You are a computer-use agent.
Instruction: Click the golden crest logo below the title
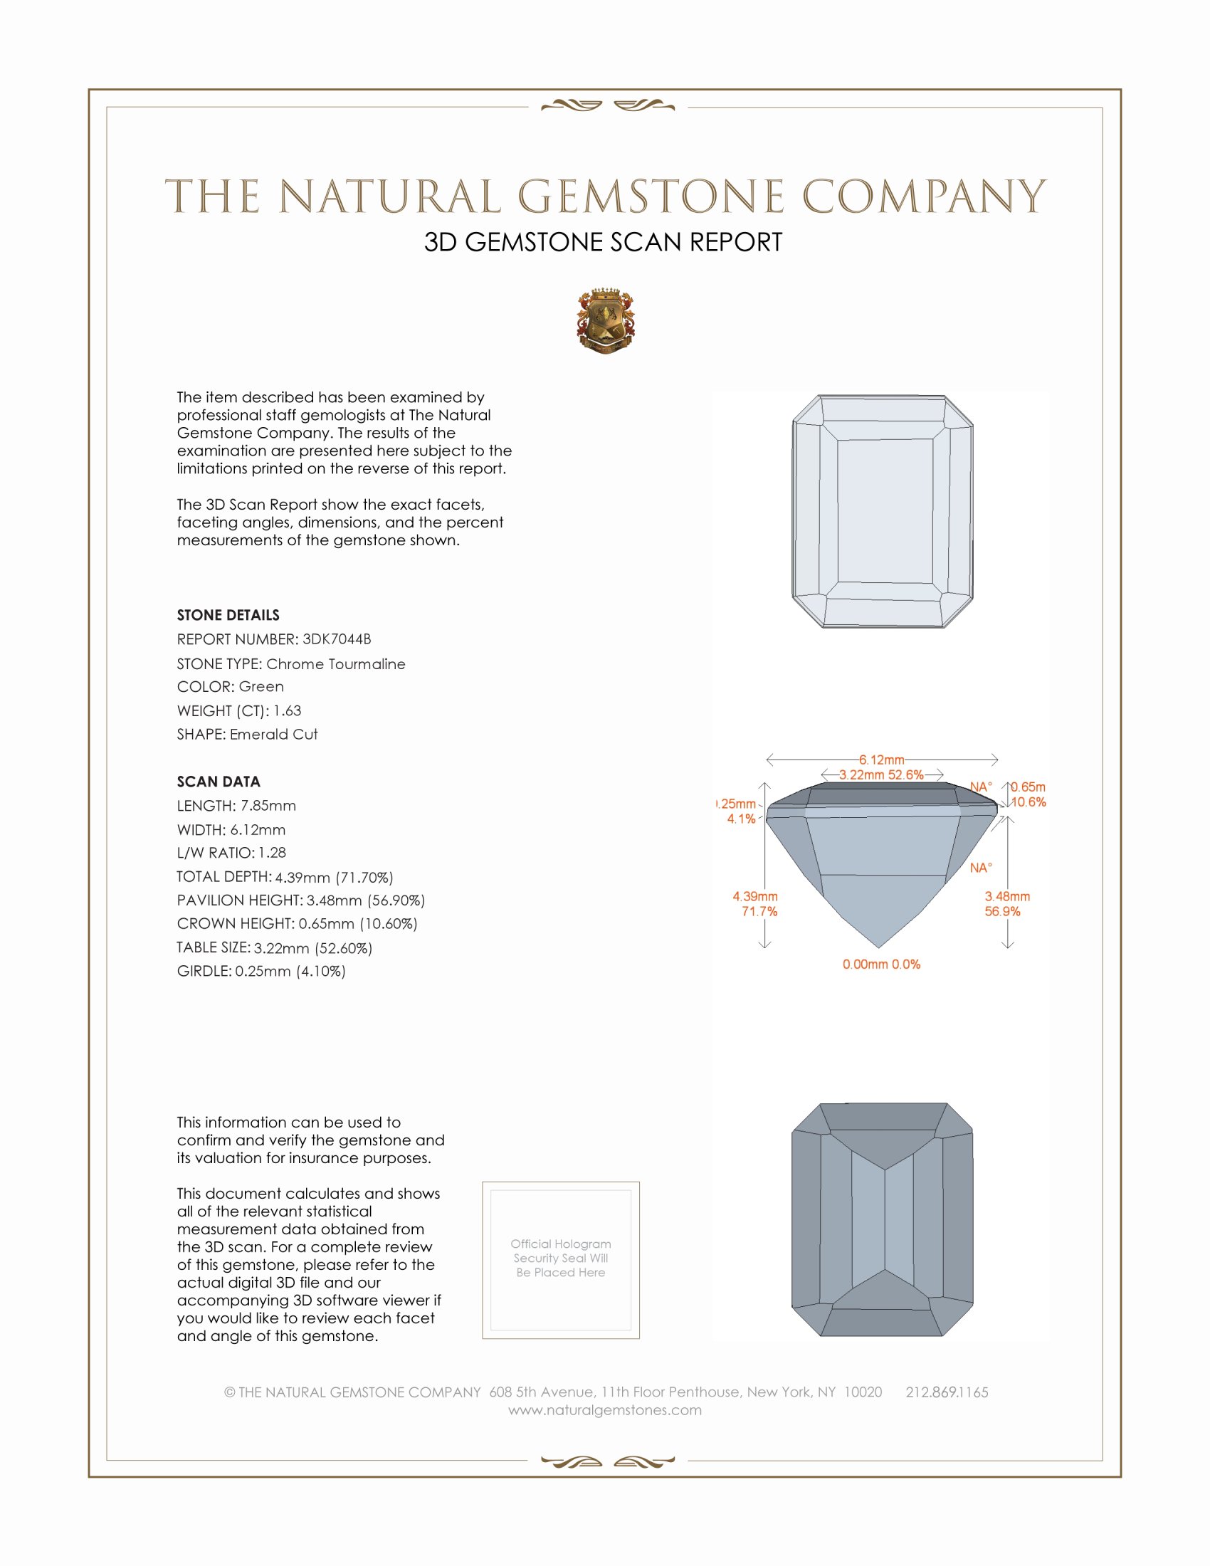coord(606,321)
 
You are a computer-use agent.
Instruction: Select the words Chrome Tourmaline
coord(335,664)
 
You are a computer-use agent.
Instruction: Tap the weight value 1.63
coord(287,710)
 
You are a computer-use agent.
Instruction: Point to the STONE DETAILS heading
coord(228,615)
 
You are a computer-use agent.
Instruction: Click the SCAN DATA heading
coord(219,782)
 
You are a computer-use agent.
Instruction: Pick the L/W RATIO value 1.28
coord(272,853)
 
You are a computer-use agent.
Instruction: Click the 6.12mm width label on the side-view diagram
coord(881,760)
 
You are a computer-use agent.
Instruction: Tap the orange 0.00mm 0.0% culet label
coord(881,965)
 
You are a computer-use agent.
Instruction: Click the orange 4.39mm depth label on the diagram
coord(754,896)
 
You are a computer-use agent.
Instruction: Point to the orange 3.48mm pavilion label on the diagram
coord(1007,896)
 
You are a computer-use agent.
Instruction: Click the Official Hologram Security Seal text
coord(561,1258)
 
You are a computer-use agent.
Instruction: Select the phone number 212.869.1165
coord(947,1392)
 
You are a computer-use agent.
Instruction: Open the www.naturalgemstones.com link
coord(605,1409)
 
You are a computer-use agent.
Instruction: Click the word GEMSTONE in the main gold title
coord(651,196)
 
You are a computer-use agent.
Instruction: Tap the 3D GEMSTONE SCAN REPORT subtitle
coord(603,242)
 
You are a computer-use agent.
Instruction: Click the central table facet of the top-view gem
coord(885,510)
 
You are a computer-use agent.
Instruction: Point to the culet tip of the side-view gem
coord(880,947)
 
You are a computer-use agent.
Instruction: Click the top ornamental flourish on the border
coord(607,106)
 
